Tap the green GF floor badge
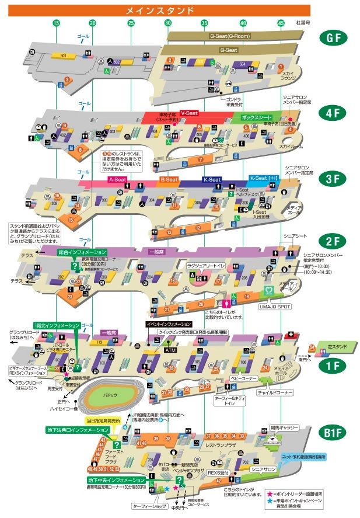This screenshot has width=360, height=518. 334,39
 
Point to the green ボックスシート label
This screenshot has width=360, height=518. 257,117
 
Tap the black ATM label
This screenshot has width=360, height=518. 170,350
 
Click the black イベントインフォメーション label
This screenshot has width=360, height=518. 168,324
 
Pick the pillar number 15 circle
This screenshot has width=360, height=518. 56,23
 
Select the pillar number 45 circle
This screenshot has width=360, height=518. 281,23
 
